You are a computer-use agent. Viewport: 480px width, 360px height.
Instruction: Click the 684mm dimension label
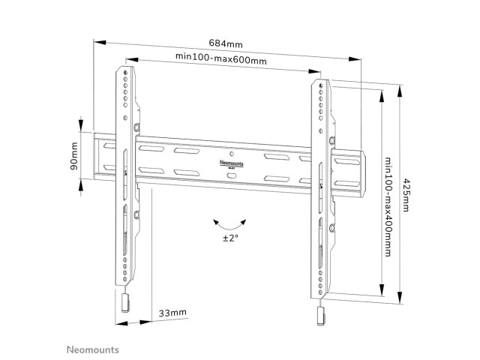[226, 43]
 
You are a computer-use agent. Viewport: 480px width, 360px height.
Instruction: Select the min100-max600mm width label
[220, 58]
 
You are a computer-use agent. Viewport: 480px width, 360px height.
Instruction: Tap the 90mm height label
[74, 156]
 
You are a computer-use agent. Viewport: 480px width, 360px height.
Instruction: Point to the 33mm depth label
[172, 313]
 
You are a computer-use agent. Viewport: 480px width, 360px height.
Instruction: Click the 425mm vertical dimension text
[406, 195]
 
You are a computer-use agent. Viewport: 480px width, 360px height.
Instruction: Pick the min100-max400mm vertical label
[388, 207]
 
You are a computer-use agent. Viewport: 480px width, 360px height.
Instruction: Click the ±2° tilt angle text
[230, 238]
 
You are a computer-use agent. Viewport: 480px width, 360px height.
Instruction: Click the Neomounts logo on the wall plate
[232, 163]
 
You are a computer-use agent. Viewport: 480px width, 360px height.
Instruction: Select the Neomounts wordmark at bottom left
[93, 349]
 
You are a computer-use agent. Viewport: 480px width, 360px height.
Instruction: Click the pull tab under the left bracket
[125, 303]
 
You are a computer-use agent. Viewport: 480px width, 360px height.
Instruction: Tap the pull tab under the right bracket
[320, 316]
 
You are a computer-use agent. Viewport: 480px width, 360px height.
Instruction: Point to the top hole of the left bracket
[125, 73]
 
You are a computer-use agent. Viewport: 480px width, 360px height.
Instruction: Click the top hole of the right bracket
[320, 85]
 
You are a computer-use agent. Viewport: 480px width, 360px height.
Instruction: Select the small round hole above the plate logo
[232, 154]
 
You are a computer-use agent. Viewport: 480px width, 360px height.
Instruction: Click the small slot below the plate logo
[232, 175]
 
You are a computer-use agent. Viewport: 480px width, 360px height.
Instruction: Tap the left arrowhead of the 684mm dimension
[100, 42]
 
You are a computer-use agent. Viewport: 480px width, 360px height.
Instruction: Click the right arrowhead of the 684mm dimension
[355, 58]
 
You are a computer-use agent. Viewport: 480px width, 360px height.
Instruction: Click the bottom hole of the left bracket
[125, 279]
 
